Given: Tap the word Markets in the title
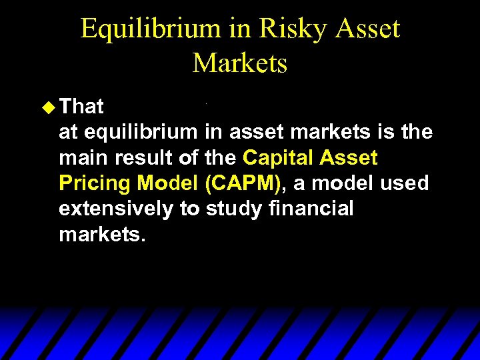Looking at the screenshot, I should pyautogui.click(x=240, y=63).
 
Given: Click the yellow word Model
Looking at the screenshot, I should pyautogui.click(x=168, y=183).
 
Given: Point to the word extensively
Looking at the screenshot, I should pyautogui.click(x=117, y=209).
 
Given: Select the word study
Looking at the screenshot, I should pyautogui.click(x=234, y=209).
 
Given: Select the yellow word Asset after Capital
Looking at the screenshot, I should pyautogui.click(x=350, y=158).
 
